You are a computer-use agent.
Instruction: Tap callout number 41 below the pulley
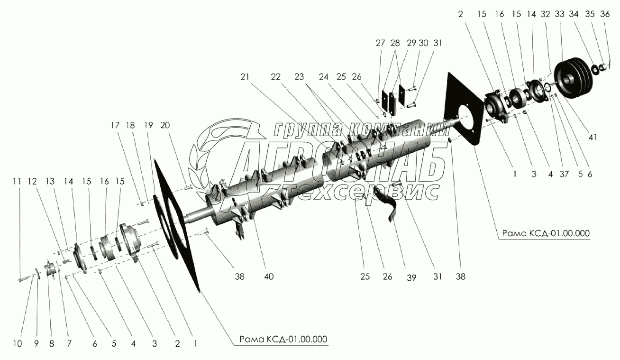(x=593, y=138)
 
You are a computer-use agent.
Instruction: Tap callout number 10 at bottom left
(x=18, y=344)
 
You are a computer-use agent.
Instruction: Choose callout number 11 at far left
(x=17, y=181)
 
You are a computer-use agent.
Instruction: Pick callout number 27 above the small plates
(x=381, y=43)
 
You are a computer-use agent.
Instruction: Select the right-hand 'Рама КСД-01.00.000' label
(x=545, y=234)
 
